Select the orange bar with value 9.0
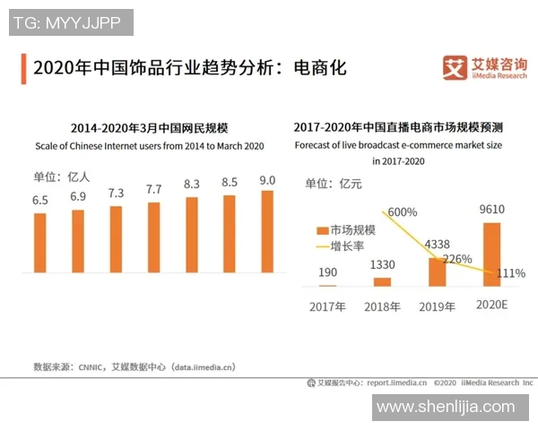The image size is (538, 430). tap(266, 231)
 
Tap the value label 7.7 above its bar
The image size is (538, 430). tap(153, 189)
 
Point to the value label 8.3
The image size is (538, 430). tap(191, 184)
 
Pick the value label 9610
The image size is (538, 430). tap(491, 211)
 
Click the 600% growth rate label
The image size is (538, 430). tap(402, 212)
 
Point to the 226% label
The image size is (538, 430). tap(457, 260)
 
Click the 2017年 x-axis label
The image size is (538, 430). tap(327, 306)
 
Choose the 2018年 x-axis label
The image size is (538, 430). tap(382, 306)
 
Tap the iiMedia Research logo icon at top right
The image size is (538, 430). tap(456, 67)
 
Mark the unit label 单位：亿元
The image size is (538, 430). tap(334, 184)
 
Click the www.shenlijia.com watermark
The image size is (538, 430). tap(446, 408)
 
